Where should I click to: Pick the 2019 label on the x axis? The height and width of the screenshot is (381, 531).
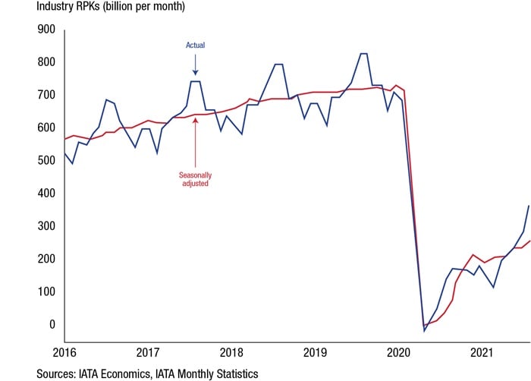[x=316, y=352]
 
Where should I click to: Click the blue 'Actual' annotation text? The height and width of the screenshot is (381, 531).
[x=196, y=46]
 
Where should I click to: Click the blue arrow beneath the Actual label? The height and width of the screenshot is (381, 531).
[x=196, y=67]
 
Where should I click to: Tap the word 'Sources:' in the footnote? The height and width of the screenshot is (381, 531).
[x=58, y=373]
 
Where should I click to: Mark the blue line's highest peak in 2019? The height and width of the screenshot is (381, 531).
[x=363, y=54]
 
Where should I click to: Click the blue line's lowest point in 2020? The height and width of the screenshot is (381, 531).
[x=425, y=331]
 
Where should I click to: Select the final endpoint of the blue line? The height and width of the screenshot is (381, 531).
[x=529, y=206]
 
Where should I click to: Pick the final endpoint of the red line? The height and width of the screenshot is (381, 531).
[x=529, y=241]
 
